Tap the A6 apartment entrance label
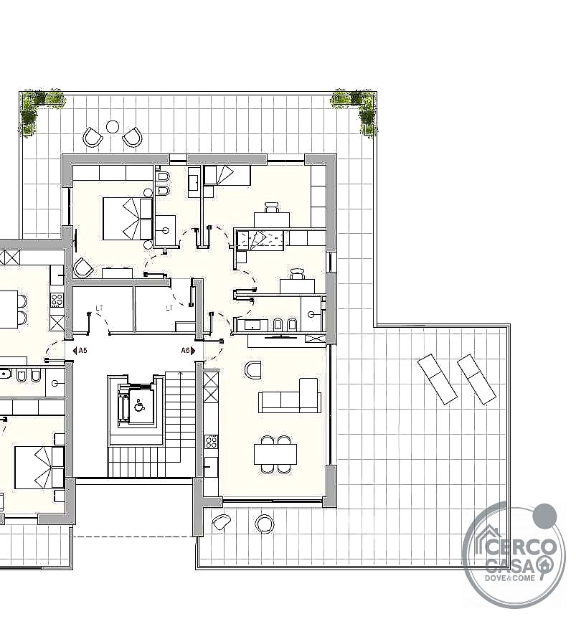coord(186,351)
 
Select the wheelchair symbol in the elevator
coord(139,405)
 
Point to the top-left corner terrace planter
coord(39,108)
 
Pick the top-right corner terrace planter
coord(354,108)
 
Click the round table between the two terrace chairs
coord(113,127)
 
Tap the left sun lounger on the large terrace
coord(438,379)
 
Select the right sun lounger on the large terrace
coord(476,379)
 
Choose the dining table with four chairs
coord(275,454)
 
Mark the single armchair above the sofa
coord(253,370)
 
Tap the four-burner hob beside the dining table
coord(211,441)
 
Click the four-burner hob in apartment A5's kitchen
coord(57,300)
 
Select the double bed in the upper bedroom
coord(128,219)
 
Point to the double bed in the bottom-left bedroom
coord(39,468)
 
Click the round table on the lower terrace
coord(265,524)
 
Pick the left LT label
coord(100,308)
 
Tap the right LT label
coord(170,308)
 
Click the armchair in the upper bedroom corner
coord(84,268)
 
